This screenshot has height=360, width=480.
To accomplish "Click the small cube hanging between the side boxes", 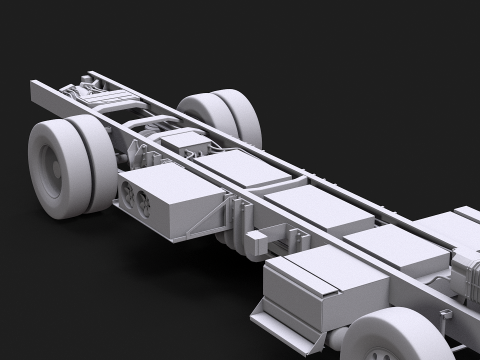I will [257, 240].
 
